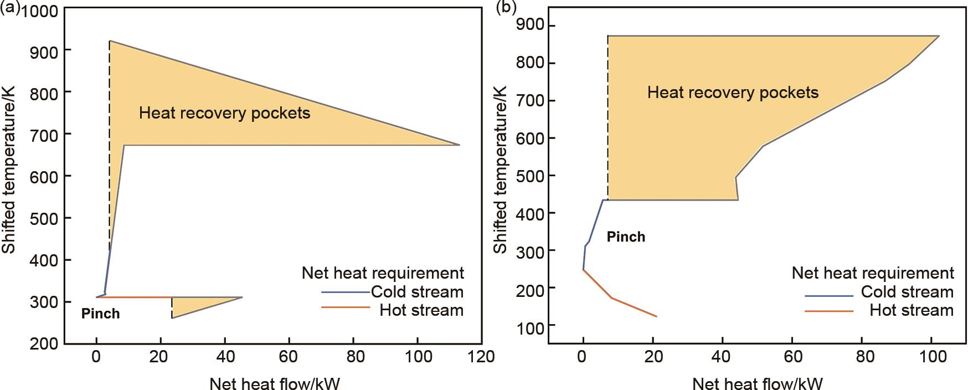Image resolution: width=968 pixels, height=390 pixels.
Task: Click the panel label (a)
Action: [x=10, y=8]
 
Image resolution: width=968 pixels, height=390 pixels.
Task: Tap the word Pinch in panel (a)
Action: [x=100, y=314]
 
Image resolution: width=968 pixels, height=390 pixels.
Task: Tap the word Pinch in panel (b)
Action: [x=626, y=237]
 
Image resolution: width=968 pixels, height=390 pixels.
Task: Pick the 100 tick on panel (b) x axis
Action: [x=933, y=356]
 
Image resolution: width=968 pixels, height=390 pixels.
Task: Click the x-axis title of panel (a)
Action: [x=274, y=383]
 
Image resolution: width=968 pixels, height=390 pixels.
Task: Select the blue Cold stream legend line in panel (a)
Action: [x=345, y=292]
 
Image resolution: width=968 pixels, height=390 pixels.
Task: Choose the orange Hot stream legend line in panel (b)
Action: [x=828, y=311]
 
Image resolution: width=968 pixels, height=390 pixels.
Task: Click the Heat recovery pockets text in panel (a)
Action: [x=224, y=113]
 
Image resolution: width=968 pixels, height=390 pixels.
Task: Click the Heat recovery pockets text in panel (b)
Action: [x=732, y=92]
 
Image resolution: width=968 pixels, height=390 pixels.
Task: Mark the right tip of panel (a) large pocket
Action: [x=459, y=145]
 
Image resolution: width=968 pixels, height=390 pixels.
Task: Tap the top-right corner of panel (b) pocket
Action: [x=939, y=36]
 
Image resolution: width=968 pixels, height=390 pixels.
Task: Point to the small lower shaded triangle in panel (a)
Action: [x=194, y=304]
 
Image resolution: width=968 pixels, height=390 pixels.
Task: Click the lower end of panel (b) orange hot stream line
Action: [x=656, y=316]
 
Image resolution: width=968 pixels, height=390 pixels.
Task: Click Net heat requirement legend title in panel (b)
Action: [x=873, y=273]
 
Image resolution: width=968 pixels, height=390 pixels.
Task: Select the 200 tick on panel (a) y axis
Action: [x=45, y=343]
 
